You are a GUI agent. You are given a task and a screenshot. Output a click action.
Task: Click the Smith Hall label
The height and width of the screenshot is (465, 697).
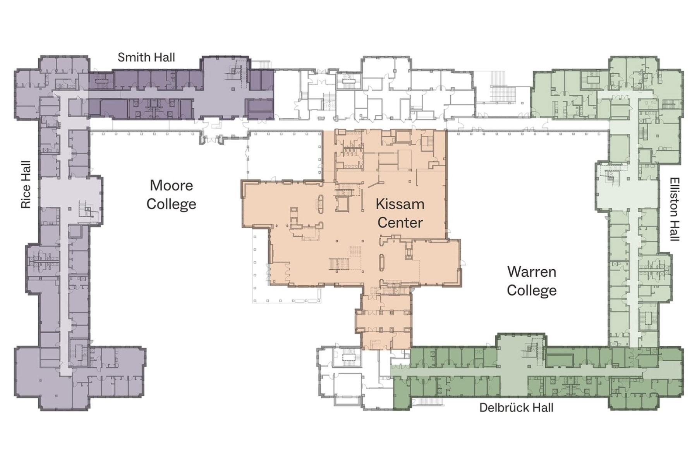click(x=146, y=57)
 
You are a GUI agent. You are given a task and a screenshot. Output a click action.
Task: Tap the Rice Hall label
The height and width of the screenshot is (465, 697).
click(x=26, y=184)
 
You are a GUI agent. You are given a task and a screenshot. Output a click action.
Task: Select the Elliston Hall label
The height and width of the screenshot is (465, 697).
click(x=675, y=209)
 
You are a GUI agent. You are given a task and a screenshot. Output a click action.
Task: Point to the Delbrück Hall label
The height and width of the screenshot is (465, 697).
click(x=516, y=408)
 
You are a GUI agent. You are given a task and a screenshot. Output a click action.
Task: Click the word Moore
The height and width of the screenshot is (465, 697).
click(x=171, y=185)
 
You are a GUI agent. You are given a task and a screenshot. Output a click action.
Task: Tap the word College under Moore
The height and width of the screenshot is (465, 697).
click(x=171, y=204)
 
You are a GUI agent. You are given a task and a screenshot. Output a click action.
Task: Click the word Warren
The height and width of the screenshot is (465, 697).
click(x=532, y=272)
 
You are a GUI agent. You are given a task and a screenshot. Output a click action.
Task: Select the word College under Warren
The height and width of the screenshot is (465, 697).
click(x=532, y=291)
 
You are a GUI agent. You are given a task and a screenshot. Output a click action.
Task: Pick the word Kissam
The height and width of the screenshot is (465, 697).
click(x=400, y=204)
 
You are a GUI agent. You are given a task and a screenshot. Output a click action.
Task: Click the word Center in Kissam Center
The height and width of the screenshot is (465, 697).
click(x=400, y=223)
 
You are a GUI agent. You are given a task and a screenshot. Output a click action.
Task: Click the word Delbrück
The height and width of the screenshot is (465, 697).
click(x=503, y=408)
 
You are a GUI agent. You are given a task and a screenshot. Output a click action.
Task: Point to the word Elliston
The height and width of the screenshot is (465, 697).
click(x=675, y=198)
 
